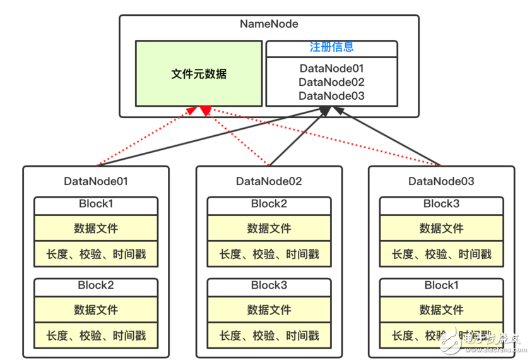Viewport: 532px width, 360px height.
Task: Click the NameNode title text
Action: click(269, 24)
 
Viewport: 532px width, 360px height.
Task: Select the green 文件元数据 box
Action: click(199, 74)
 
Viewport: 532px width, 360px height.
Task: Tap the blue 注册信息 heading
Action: click(331, 47)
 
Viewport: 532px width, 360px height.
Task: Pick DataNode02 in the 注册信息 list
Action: click(331, 81)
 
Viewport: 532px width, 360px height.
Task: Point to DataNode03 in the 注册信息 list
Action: click(331, 96)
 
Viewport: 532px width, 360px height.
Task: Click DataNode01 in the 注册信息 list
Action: click(331, 68)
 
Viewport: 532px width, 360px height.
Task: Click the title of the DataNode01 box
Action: click(96, 181)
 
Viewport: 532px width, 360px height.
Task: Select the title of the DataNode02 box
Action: click(269, 181)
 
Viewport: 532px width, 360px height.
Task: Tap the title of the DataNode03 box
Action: click(441, 181)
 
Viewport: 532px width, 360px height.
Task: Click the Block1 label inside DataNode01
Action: click(96, 203)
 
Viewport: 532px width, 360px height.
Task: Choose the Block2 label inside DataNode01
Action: click(96, 285)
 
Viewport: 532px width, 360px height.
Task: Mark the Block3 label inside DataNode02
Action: click(269, 285)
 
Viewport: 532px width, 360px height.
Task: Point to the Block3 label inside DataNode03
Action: click(441, 203)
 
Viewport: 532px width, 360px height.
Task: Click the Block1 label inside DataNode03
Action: click(441, 285)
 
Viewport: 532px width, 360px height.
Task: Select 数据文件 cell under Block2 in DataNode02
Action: click(269, 228)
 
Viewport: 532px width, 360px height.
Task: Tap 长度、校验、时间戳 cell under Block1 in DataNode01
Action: click(96, 254)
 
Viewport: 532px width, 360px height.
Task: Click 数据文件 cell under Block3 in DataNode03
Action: click(441, 228)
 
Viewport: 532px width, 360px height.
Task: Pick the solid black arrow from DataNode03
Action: click(391, 138)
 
